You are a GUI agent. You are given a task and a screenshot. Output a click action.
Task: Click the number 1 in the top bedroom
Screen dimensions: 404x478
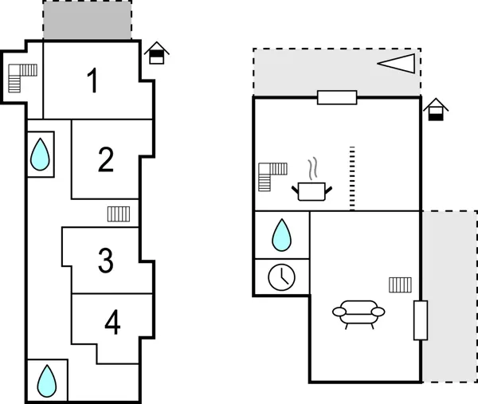(x=93, y=80)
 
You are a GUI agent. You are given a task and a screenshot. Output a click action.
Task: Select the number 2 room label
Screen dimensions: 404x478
(x=106, y=159)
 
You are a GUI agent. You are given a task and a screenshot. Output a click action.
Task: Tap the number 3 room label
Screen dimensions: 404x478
(x=106, y=261)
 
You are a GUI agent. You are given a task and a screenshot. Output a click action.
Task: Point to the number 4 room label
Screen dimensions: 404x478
(x=112, y=323)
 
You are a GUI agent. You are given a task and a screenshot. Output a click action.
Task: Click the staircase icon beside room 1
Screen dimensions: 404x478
(x=22, y=78)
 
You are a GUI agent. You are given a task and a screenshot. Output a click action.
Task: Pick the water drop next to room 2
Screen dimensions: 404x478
(x=40, y=154)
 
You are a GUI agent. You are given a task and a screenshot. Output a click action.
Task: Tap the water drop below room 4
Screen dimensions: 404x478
(x=47, y=381)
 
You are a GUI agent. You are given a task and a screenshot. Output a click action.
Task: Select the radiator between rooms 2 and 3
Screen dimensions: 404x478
(x=119, y=213)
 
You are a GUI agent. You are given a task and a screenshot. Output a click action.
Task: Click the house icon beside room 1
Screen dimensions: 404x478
(x=158, y=53)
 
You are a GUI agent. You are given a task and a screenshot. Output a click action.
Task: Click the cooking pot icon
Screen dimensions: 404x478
(x=311, y=186)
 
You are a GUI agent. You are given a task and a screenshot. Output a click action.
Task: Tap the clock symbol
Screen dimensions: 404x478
(x=281, y=277)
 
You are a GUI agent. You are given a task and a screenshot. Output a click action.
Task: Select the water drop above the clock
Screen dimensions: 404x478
(x=281, y=235)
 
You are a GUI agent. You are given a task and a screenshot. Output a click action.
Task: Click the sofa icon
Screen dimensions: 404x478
(x=358, y=313)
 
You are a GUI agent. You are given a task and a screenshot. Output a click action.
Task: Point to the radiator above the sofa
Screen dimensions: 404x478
(x=400, y=284)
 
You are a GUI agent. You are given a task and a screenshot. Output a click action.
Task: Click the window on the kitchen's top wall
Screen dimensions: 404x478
(x=336, y=97)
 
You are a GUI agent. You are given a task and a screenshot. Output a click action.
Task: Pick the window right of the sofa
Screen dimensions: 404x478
(x=421, y=320)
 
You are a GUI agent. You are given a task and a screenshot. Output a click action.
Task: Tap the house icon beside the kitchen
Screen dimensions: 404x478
(x=435, y=109)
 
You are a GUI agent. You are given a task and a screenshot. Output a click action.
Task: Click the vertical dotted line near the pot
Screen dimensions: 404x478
(x=351, y=178)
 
